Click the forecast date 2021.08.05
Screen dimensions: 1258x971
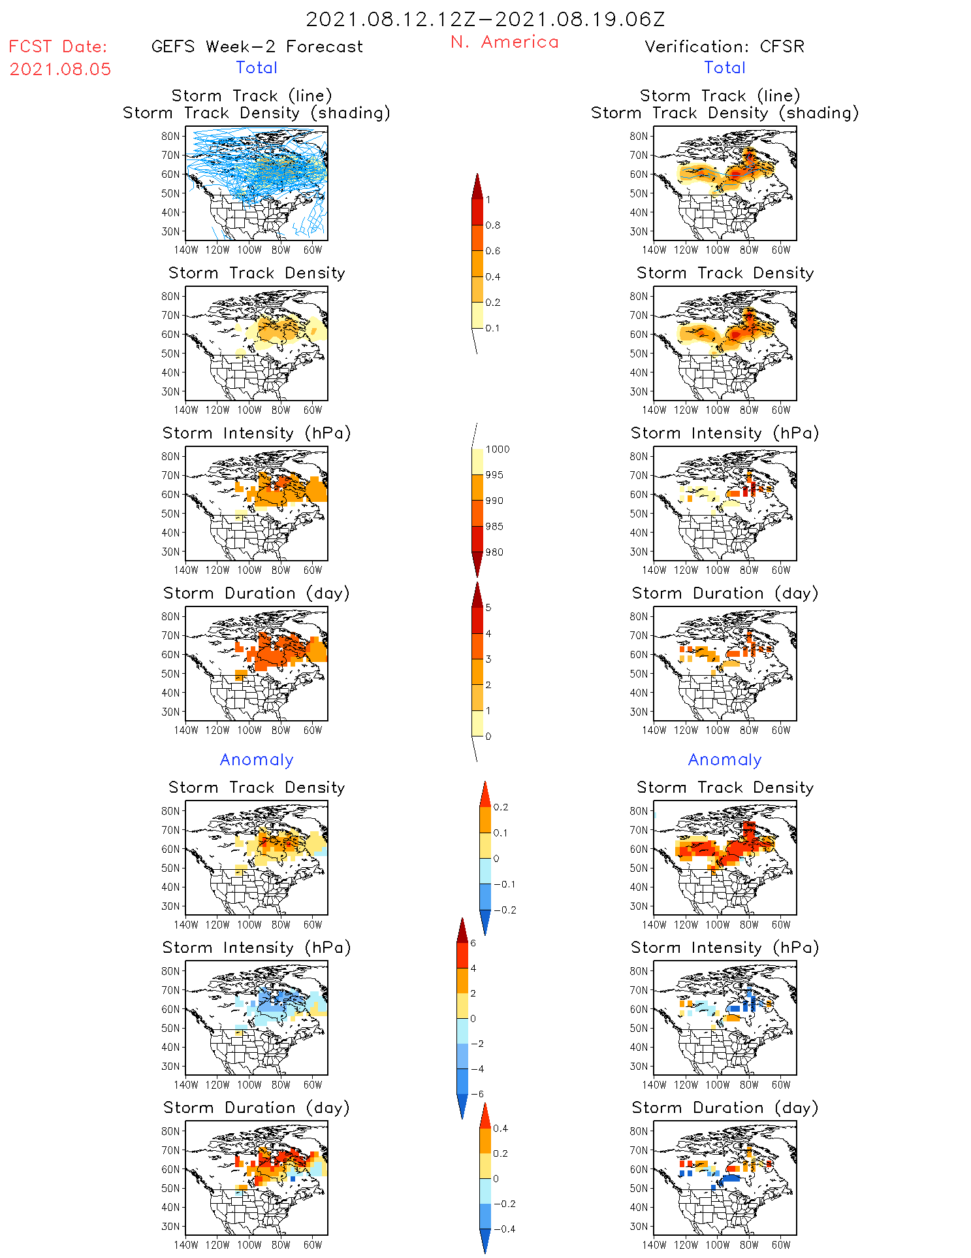(x=60, y=69)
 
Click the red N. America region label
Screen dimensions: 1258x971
(x=504, y=42)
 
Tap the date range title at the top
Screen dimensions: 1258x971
(x=485, y=19)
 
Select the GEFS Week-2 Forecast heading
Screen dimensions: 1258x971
(x=257, y=46)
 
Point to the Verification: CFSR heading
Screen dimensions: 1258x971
(x=724, y=46)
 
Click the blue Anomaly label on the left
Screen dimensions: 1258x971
(x=257, y=759)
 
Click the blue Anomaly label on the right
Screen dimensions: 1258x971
(x=725, y=759)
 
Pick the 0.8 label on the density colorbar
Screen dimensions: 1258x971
(x=493, y=225)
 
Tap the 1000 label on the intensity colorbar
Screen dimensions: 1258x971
(x=497, y=449)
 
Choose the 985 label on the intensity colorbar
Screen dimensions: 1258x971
(x=494, y=526)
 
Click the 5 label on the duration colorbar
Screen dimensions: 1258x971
(x=488, y=608)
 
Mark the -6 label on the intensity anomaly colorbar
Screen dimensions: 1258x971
(x=477, y=1094)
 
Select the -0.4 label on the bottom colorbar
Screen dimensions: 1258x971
(x=504, y=1229)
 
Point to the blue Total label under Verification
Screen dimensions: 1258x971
(x=725, y=67)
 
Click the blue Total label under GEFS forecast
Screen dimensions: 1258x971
(x=257, y=67)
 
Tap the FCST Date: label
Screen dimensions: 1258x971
(x=57, y=46)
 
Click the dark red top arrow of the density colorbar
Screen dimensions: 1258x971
(x=477, y=186)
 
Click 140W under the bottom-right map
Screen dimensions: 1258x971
(x=654, y=1245)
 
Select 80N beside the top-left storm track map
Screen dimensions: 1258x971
(x=170, y=136)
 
